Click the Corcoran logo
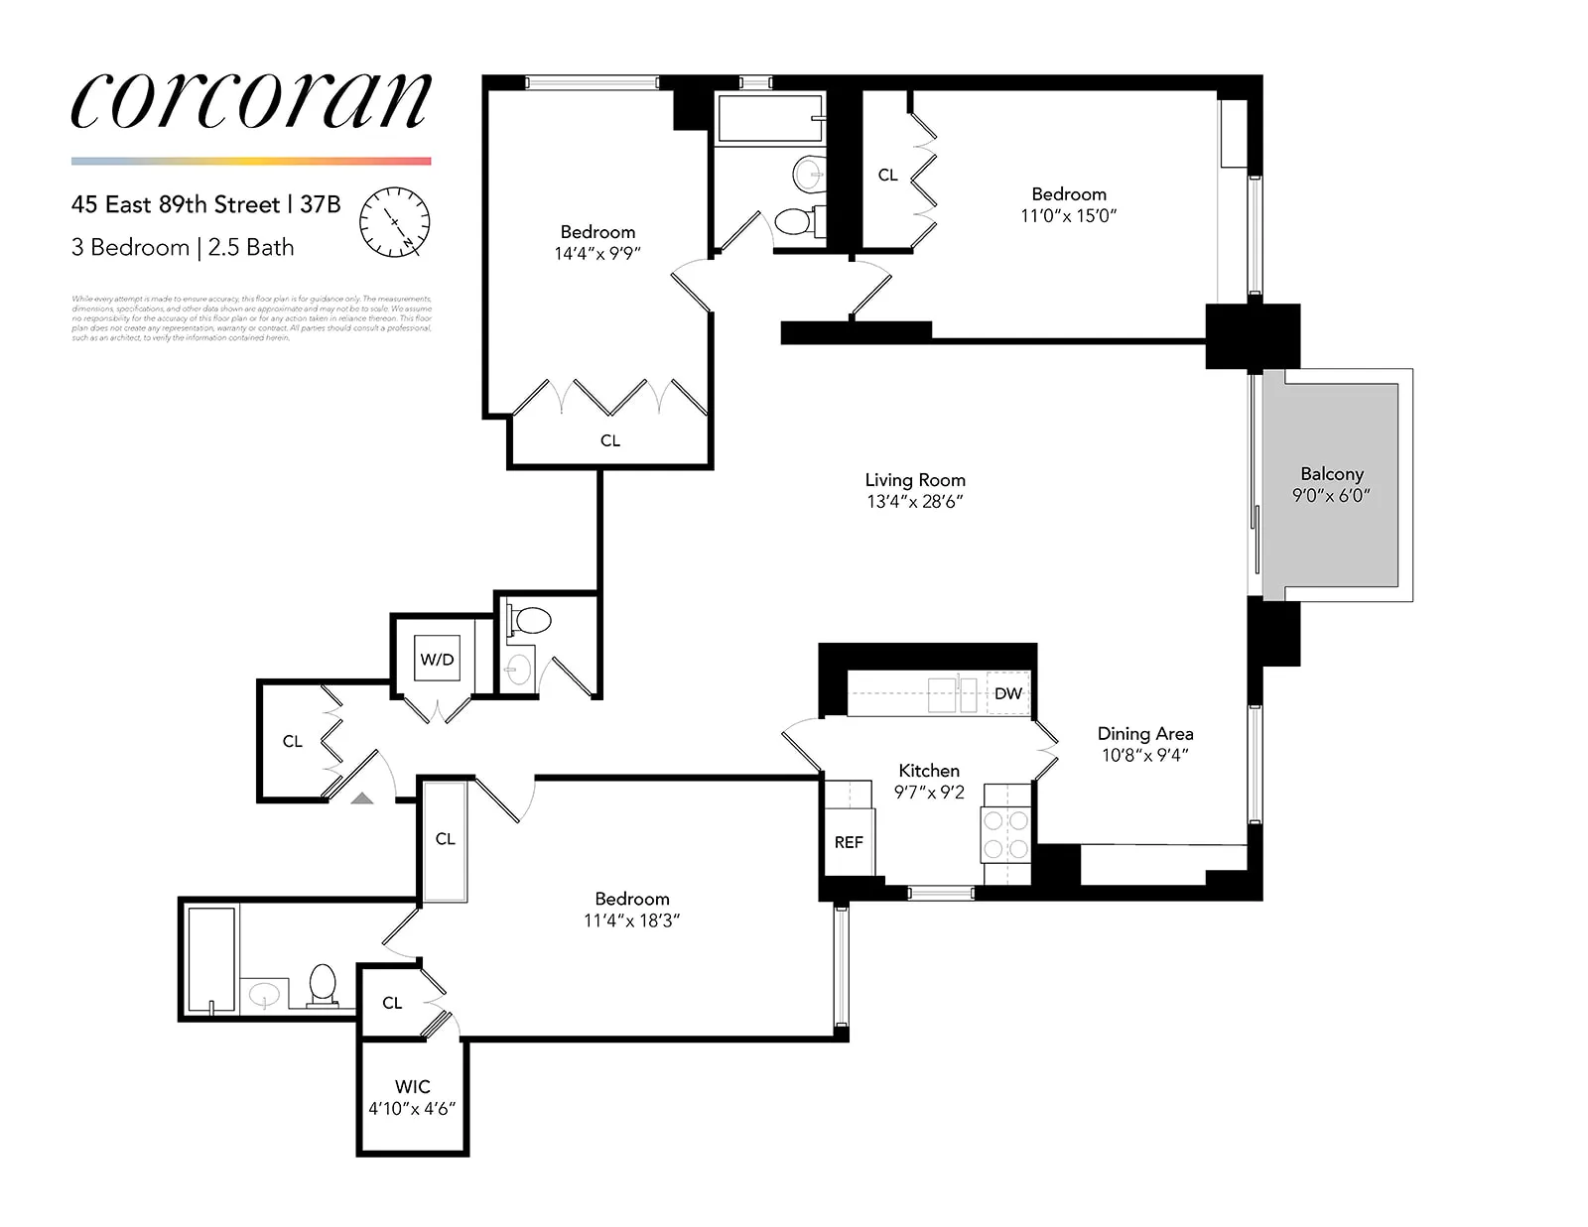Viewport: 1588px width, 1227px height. click(x=251, y=100)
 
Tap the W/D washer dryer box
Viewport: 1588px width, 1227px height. click(x=437, y=659)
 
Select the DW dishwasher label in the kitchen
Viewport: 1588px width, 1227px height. click(x=1007, y=693)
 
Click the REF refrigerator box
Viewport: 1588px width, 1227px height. click(x=849, y=842)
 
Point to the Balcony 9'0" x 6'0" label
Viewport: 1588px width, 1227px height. click(x=1331, y=484)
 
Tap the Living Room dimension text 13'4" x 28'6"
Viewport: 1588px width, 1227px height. click(x=914, y=502)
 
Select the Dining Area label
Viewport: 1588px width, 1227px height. click(x=1144, y=734)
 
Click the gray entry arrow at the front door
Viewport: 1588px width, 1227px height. click(x=362, y=797)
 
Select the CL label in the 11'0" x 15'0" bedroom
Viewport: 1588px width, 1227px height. click(x=887, y=175)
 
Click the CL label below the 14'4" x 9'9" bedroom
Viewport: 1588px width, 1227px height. click(x=609, y=440)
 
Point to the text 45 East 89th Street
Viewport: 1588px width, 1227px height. click(x=176, y=204)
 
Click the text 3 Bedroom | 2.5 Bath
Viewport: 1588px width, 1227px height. click(x=183, y=247)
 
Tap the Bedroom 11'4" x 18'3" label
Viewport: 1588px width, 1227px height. click(x=631, y=910)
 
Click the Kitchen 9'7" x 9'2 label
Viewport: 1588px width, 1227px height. click(x=929, y=782)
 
